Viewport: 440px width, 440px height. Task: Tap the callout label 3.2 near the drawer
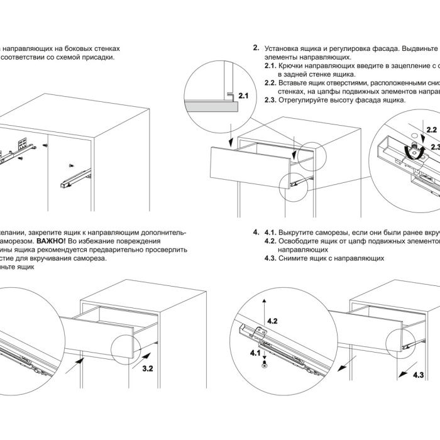tap(148, 369)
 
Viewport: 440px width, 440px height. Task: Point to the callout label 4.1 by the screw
tap(255, 353)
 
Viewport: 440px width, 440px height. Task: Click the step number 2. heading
tap(256, 48)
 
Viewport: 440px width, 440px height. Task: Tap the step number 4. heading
tap(256, 231)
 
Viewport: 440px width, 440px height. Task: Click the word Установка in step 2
tap(283, 48)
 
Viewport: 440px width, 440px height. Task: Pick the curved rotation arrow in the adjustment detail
tap(411, 151)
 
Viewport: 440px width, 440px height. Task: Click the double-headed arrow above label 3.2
tap(143, 355)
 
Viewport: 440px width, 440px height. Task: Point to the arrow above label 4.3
tap(408, 365)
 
